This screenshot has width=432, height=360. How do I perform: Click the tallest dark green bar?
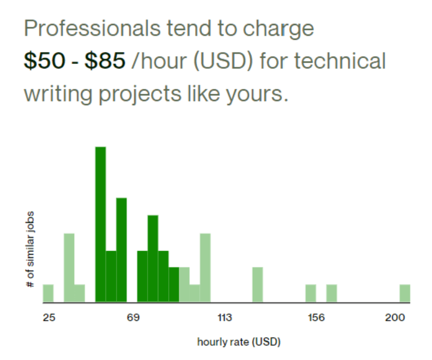pos(100,224)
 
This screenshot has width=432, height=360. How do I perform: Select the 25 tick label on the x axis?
pos(49,318)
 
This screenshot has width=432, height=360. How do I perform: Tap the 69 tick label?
pos(133,318)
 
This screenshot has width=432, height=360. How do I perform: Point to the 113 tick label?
pos(225,318)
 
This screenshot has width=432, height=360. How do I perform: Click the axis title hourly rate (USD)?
pos(239,342)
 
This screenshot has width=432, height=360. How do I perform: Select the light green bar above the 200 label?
pos(405,293)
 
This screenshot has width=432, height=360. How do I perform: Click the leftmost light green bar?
pos(48,293)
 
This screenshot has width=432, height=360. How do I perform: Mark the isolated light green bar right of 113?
pos(258,284)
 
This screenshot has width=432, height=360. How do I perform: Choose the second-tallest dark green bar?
pos(121,249)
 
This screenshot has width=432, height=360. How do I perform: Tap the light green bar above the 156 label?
pos(311,293)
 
